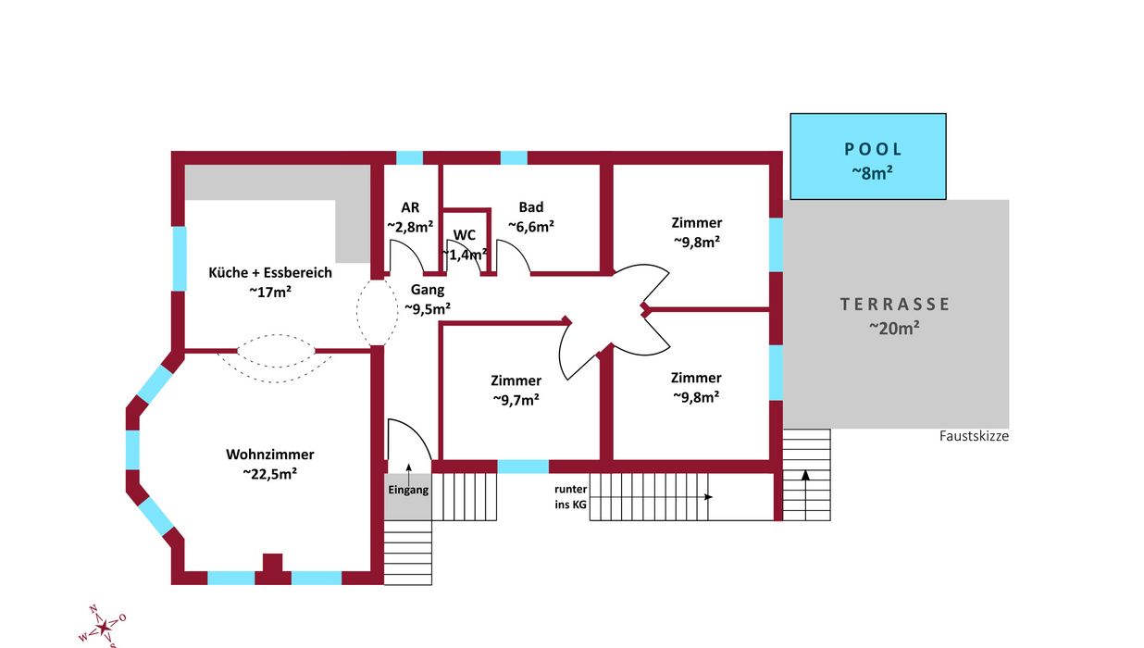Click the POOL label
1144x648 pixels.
point(873,150)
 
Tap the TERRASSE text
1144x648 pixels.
point(895,304)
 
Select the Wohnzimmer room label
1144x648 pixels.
point(270,455)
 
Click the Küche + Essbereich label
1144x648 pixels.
point(270,272)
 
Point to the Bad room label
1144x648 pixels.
point(531,207)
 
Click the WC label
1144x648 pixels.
point(465,235)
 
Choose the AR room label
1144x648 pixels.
point(410,207)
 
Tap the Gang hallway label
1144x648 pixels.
point(428,290)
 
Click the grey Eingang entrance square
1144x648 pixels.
point(408,490)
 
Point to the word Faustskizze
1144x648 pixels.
point(974,436)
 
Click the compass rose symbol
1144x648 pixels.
point(104,626)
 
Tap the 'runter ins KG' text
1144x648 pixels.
point(571,497)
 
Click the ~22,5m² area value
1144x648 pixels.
point(270,473)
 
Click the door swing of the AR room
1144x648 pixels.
point(405,257)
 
